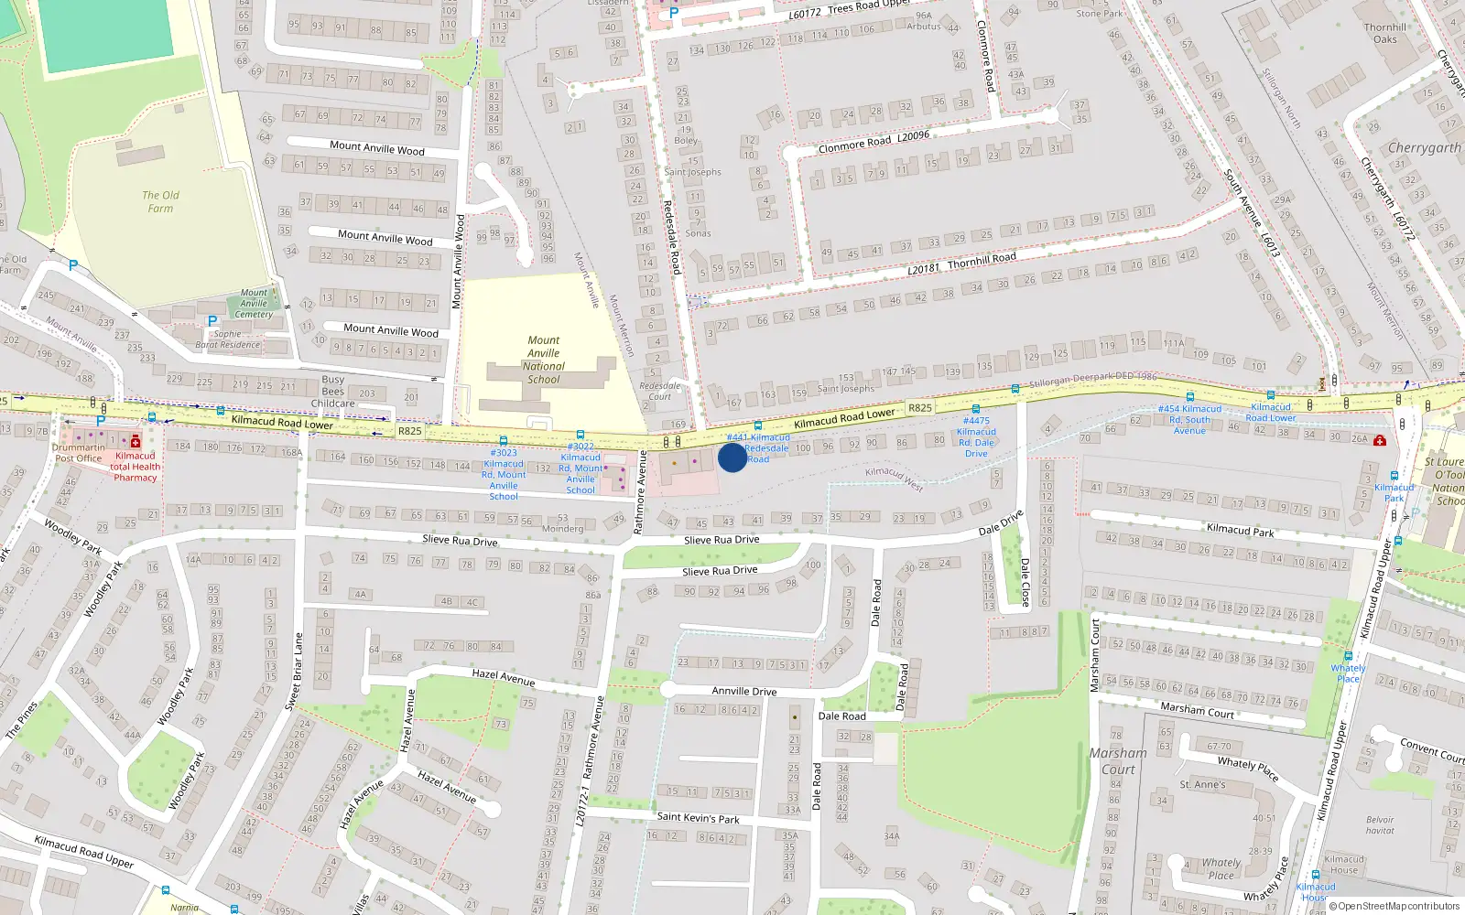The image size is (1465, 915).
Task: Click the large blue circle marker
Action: point(732,457)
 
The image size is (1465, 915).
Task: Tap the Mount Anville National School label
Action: point(544,360)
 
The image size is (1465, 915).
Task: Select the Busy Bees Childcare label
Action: point(332,392)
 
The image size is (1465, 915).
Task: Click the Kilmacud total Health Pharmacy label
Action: point(136,467)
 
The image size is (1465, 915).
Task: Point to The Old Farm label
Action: point(160,201)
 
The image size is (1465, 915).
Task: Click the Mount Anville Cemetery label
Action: point(254,304)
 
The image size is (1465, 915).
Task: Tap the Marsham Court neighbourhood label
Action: point(1117,761)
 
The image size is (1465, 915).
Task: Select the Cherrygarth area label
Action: point(1424,147)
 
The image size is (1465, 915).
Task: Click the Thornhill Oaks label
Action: point(1384,33)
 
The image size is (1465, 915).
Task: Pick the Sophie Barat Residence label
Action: point(228,339)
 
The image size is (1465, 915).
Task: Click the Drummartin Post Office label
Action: point(78,453)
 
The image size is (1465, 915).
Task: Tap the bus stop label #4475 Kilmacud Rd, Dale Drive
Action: point(976,437)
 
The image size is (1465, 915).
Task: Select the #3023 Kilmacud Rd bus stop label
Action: point(504,474)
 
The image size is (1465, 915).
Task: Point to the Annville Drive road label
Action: point(743,692)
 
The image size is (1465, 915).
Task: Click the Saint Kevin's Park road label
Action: point(698,817)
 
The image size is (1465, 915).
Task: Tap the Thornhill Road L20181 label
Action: point(961,264)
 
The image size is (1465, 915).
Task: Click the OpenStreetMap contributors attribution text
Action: point(1394,906)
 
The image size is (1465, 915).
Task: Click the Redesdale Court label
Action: point(660,392)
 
